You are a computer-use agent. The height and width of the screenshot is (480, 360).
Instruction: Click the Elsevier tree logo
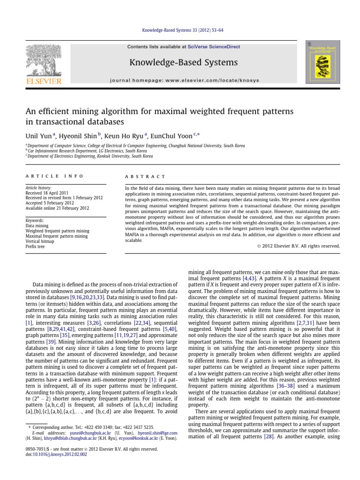[x=44, y=62]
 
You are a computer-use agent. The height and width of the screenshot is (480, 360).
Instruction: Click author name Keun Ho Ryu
[x=125, y=136]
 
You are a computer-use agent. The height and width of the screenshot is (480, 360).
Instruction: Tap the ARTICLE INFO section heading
[x=54, y=176]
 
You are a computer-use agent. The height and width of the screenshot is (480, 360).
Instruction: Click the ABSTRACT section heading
[x=145, y=176]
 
